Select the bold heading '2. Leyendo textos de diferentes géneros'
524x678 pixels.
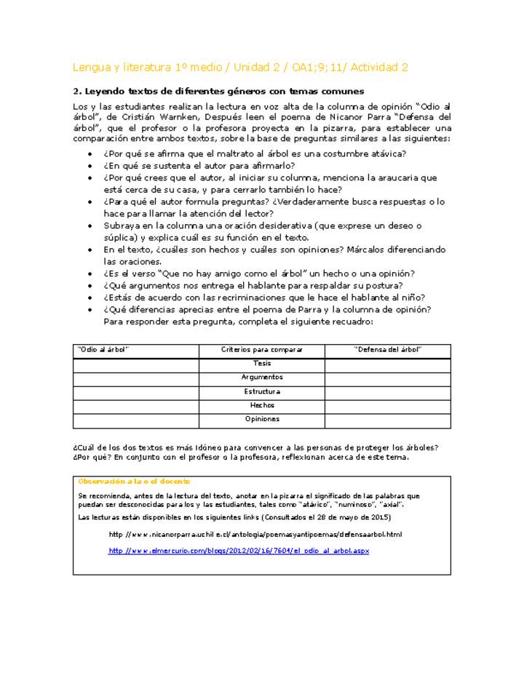point(218,92)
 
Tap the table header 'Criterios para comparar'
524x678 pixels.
point(261,350)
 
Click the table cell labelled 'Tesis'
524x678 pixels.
point(261,363)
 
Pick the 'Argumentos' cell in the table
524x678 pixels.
point(261,378)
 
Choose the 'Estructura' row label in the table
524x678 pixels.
point(261,391)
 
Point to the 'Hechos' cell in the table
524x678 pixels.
point(261,405)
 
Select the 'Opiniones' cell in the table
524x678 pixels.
point(261,419)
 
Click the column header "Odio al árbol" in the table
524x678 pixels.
point(103,350)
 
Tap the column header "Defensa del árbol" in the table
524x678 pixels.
point(387,350)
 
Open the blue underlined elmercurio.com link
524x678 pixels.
point(239,551)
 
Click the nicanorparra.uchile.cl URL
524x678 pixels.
point(255,534)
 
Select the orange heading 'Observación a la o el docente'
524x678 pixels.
point(134,481)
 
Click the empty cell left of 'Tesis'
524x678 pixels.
point(135,364)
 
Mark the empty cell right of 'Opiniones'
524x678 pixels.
point(387,420)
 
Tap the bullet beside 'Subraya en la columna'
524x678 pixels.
point(90,226)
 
